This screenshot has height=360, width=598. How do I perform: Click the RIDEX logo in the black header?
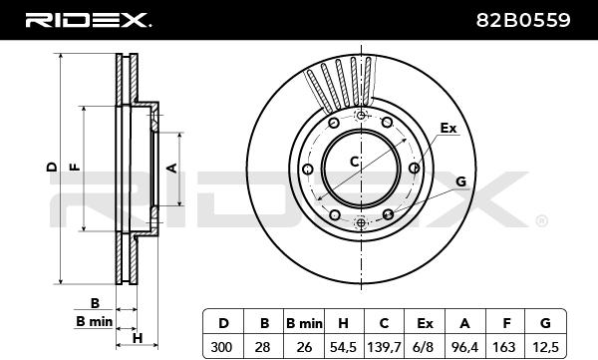pos(88,20)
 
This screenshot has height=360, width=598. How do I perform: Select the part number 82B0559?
pos(523,20)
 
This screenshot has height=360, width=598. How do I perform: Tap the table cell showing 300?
pos(221,347)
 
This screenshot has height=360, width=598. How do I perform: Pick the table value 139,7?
pos(384,347)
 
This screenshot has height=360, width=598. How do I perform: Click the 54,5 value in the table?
pos(343,347)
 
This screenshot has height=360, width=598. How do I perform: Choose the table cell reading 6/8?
pos(424,347)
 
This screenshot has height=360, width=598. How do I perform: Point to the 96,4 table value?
pos(464,347)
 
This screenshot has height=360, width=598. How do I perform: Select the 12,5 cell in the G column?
pos(545,347)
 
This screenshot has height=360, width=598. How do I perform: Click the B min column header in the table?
pos(304,323)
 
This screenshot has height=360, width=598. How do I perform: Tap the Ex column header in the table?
pos(425,323)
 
